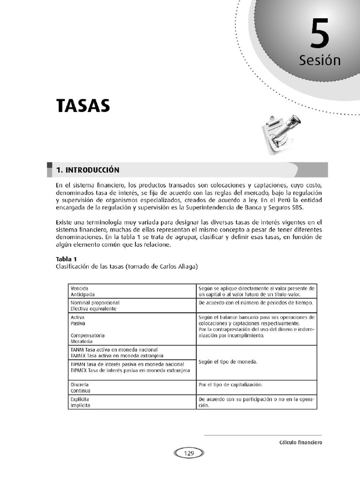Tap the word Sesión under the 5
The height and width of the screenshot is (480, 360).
tap(320, 60)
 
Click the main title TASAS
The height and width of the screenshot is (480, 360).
tap(83, 106)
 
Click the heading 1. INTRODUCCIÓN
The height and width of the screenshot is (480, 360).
tap(88, 170)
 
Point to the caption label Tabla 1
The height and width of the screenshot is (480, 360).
tap(66, 259)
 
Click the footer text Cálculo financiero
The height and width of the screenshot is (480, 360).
tap(300, 442)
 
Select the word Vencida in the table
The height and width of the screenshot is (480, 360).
tap(79, 288)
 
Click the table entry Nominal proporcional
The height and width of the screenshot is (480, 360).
tap(95, 303)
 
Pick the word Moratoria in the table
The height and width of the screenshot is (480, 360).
tap(81, 342)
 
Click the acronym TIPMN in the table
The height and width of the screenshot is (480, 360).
tap(78, 364)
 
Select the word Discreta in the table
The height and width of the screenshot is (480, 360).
tap(80, 384)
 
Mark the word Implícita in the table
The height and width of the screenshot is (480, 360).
tap(80, 406)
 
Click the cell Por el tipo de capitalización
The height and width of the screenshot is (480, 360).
tap(230, 384)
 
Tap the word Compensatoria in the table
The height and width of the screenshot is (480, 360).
tap(87, 336)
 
